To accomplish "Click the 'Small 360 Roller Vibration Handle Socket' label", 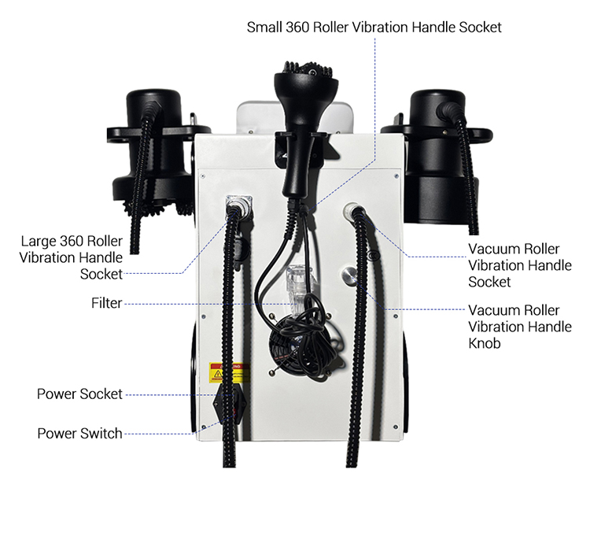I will (374, 27).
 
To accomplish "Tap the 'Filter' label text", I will (106, 303).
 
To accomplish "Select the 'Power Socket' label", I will (79, 394).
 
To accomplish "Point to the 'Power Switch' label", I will (79, 433).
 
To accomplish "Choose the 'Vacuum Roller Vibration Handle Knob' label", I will (519, 326).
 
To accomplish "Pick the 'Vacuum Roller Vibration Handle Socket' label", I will (519, 265).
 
